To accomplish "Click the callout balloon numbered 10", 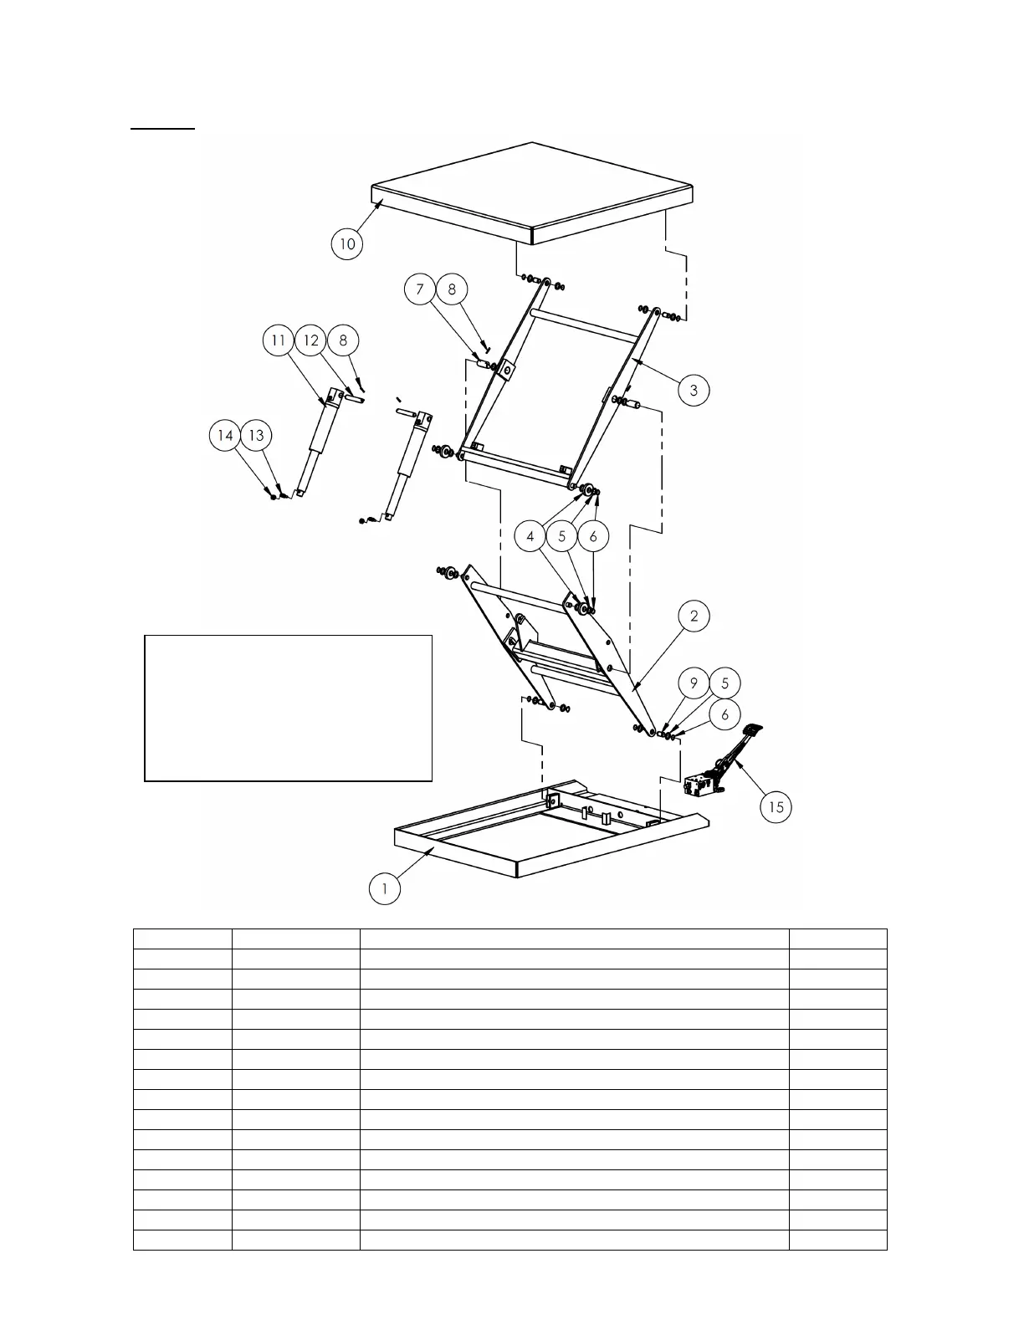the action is (347, 244).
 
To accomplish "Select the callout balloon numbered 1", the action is (385, 888).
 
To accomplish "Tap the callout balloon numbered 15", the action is (776, 806).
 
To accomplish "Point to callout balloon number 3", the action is (694, 390).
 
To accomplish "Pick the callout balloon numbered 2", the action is (694, 616).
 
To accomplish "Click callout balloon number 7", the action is (420, 289).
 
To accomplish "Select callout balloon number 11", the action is (279, 340).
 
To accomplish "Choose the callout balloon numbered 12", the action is (311, 340).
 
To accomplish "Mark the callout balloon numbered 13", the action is (257, 435).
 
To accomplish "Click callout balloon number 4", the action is (530, 536).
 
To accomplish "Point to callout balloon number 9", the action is (694, 683).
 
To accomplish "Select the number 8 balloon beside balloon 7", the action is (453, 289).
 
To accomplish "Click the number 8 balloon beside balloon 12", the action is (343, 340).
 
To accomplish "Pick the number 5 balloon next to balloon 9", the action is (724, 683).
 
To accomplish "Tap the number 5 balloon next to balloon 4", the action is (562, 536).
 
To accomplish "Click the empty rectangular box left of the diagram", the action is (288, 708).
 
